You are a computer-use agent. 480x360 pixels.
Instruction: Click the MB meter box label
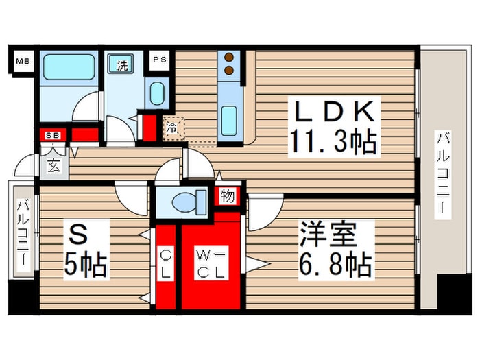click(23, 61)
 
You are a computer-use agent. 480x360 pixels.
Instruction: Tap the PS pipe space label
click(160, 60)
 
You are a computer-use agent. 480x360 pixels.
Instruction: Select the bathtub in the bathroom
click(69, 67)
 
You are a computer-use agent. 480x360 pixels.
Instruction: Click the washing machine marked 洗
click(121, 64)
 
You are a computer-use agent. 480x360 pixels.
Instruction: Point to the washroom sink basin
click(157, 93)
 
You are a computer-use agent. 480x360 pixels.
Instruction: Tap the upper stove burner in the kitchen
click(229, 57)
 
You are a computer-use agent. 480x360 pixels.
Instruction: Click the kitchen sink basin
click(229, 121)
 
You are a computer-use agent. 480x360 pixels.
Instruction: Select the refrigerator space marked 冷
click(173, 128)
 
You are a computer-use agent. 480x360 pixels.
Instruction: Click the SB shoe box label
click(53, 135)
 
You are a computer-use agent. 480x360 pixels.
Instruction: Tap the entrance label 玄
click(53, 166)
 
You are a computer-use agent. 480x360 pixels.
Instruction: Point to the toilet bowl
click(184, 202)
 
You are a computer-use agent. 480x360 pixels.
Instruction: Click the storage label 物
click(228, 196)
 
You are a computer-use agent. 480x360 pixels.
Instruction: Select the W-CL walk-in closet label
click(211, 263)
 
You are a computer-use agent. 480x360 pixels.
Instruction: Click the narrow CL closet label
click(166, 263)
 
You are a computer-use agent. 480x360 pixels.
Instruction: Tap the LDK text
click(335, 111)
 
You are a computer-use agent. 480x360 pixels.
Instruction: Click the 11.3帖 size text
click(334, 141)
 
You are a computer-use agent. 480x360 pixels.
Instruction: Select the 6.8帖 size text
click(335, 264)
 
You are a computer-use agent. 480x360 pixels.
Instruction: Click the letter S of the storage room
click(77, 234)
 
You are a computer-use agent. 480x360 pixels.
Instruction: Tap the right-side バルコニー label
click(443, 174)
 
